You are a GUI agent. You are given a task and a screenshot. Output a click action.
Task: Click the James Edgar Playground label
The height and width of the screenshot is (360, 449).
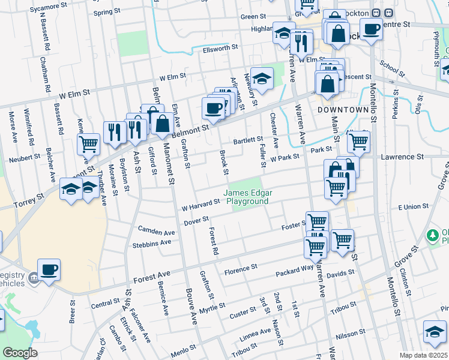click(x=247, y=197)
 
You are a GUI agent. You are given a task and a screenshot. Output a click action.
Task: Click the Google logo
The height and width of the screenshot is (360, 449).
click(x=20, y=353)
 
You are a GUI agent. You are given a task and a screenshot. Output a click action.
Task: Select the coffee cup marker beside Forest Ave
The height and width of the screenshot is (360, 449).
click(x=49, y=269)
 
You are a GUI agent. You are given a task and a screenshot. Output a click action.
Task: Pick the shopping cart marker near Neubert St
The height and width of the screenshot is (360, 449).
click(x=88, y=143)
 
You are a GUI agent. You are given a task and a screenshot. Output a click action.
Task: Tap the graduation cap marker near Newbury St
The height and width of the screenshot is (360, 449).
click(x=262, y=77)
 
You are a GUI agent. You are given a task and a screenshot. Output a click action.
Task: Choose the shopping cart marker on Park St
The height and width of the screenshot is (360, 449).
click(x=358, y=142)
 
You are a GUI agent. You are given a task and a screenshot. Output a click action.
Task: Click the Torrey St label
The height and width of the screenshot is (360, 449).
click(x=30, y=196)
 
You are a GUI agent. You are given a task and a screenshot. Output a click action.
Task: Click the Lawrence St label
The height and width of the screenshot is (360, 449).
click(x=402, y=157)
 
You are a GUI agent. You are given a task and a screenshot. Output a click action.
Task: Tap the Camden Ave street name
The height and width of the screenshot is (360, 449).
click(x=156, y=230)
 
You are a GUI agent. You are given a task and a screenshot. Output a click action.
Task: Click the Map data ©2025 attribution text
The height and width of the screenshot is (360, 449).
click(x=423, y=355)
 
